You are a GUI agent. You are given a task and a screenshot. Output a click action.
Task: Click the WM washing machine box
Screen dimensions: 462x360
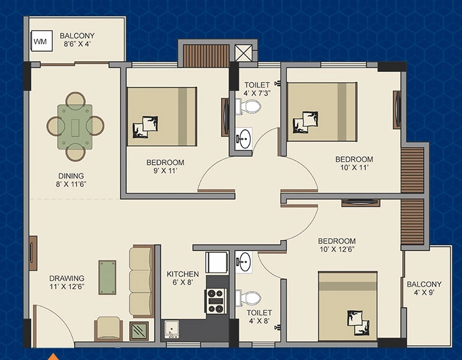point(42,41)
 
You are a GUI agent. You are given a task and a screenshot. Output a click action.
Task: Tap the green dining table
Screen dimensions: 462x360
point(75,127)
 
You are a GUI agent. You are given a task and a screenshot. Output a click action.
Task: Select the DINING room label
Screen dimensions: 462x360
point(71,176)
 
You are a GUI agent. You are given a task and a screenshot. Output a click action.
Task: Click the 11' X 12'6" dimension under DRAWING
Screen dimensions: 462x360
point(67,286)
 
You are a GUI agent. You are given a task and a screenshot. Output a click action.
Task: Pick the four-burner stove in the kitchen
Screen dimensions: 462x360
point(217,301)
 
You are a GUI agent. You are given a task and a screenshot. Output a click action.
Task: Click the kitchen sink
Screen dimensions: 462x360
point(172,329)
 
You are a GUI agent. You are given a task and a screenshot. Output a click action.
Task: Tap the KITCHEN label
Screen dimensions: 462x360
point(183,274)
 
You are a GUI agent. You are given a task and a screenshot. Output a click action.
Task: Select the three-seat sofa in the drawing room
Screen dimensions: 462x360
point(142,281)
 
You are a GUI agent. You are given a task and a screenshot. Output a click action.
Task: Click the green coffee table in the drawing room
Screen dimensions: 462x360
point(107,277)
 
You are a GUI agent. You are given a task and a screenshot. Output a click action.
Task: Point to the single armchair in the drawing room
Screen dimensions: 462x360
point(108,329)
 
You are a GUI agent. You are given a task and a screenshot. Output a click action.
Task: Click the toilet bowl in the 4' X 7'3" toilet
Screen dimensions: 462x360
point(248,106)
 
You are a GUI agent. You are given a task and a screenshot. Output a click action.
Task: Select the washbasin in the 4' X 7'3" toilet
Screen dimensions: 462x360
point(244,138)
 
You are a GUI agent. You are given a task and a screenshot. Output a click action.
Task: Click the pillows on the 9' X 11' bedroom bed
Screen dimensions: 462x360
point(145,127)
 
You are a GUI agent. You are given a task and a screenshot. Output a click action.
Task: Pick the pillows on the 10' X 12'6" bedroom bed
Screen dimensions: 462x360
point(358,322)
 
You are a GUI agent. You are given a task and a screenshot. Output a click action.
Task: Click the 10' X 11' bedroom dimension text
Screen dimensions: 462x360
point(354,167)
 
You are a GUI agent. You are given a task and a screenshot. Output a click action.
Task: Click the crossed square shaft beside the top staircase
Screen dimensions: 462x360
point(244,53)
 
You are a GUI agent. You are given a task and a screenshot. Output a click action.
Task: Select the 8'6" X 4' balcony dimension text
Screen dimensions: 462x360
point(77,44)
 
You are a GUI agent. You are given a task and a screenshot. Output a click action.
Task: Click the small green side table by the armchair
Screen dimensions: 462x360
point(139,331)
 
